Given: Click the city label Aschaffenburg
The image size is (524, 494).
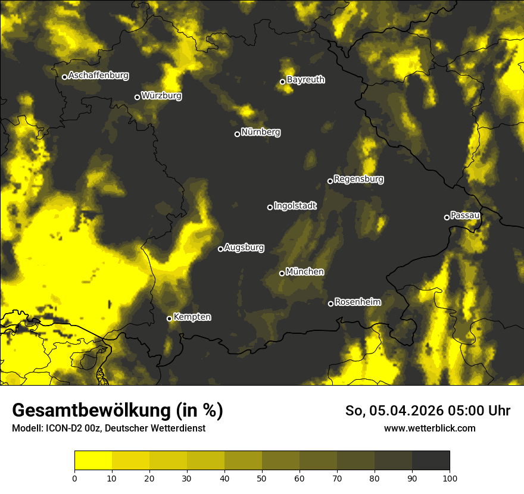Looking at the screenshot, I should point(98,76).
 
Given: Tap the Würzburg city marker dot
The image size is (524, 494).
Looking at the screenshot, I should point(137,97).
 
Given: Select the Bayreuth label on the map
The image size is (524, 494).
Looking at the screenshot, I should point(305,80).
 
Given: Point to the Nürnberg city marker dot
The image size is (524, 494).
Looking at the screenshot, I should point(237,134).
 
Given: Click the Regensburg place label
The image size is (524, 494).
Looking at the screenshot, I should point(358,179).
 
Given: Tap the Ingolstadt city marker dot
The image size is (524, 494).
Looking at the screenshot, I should point(270,207).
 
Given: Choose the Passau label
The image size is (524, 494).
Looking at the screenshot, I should point(465,215).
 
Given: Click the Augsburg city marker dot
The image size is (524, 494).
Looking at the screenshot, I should point(220,249).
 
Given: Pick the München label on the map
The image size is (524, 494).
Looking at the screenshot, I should point(305,271).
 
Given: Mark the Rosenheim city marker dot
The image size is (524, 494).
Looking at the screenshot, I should point(330,304).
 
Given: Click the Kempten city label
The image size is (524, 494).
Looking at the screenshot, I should point(192,317).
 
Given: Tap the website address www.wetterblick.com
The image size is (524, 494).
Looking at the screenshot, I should point(429,428).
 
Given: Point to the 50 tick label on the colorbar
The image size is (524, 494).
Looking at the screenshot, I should point(262,478).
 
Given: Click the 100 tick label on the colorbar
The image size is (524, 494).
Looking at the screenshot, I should point(449,478).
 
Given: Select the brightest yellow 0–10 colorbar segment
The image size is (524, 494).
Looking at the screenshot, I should point(93,460).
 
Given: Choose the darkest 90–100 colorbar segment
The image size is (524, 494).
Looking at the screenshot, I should point(431,460).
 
